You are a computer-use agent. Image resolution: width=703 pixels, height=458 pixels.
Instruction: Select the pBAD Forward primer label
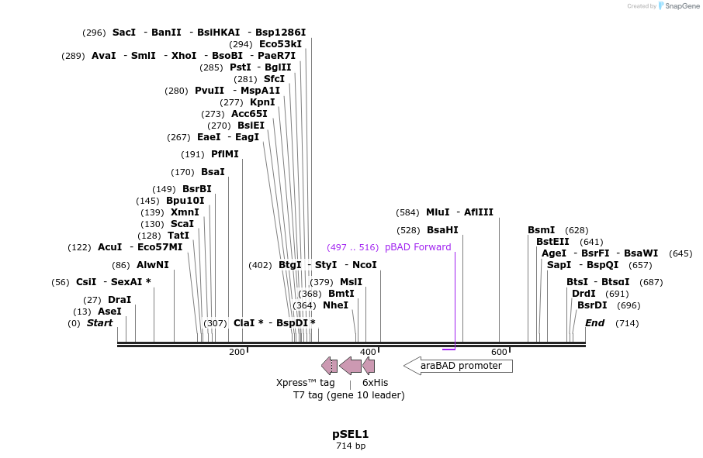(417, 247)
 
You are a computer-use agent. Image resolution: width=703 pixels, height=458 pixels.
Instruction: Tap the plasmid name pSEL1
(351, 434)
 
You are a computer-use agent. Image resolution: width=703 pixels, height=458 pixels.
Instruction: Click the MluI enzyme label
(438, 212)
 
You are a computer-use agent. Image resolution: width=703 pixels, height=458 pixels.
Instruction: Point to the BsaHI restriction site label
(442, 230)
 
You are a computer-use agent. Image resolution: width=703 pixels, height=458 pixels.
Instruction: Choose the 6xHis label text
(375, 383)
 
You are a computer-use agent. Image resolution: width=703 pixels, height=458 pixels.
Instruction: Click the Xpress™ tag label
(306, 383)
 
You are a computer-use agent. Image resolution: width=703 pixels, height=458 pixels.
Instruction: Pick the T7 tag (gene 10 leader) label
(348, 395)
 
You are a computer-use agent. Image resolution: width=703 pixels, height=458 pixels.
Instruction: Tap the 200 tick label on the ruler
(237, 353)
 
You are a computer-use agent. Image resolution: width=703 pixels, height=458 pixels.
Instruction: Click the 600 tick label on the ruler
(499, 353)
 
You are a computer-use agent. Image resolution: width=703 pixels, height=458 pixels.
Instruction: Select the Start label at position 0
(99, 323)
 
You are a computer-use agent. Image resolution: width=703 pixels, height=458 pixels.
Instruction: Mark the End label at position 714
(594, 323)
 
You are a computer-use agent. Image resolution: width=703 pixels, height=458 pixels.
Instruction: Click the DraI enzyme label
(119, 300)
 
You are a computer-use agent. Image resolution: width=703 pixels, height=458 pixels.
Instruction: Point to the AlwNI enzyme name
(153, 265)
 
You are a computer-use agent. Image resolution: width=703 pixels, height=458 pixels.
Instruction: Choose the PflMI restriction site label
(225, 154)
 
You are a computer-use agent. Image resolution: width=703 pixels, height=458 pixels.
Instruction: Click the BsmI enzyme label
(541, 230)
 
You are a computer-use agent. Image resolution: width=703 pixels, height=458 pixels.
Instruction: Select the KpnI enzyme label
(262, 102)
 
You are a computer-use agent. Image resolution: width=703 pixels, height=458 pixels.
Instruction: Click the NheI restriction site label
(335, 305)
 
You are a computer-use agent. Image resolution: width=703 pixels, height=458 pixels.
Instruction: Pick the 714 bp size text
(351, 446)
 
